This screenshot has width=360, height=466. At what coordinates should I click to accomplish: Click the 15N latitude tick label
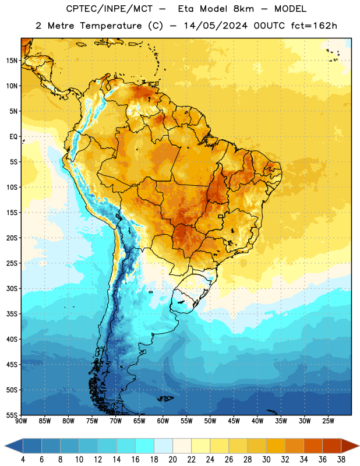coord(12,61)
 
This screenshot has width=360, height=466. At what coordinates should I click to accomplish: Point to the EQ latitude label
coord(13,137)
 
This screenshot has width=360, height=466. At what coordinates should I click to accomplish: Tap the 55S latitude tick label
coord(12,415)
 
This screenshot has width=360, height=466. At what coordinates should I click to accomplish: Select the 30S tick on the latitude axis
coord(12,288)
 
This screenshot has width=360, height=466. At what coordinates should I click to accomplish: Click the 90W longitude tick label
coord(22,421)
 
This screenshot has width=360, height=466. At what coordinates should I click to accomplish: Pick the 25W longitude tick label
coord(328,421)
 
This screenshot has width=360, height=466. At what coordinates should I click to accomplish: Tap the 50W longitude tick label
coord(210,421)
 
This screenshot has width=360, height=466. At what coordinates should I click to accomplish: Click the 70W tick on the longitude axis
coord(116,421)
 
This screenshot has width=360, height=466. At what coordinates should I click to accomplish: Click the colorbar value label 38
coord(341,460)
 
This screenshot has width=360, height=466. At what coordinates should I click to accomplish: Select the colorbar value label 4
coord(23,460)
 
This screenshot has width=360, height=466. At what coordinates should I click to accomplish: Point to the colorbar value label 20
coord(172,460)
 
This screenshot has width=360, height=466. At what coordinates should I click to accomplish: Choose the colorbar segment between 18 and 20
coord(164,446)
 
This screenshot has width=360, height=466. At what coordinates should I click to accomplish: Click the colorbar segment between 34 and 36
coord(313,446)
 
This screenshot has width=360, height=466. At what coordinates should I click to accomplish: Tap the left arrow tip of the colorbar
coord(5,446)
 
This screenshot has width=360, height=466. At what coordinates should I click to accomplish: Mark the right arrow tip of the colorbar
coord(359,446)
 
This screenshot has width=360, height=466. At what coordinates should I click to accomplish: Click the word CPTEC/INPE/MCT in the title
coord(110,9)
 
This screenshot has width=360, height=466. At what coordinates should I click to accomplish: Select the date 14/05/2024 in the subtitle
coord(216,26)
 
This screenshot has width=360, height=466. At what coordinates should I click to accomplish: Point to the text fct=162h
coord(314,26)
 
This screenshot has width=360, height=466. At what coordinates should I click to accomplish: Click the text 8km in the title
coord(243,9)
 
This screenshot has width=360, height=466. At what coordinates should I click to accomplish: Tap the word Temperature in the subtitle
coord(111,26)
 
